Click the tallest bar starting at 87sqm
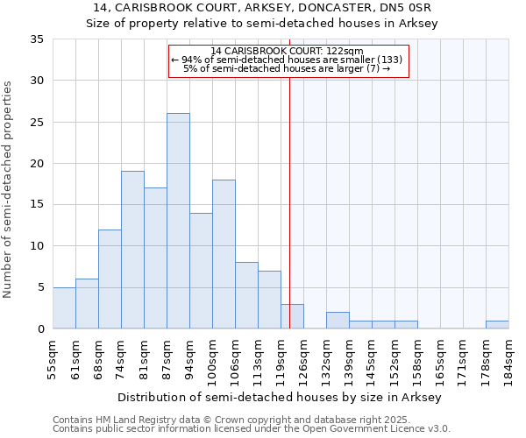(x=178, y=221)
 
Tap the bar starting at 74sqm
(x=132, y=250)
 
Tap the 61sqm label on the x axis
(x=76, y=358)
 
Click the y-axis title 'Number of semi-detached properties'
(x=9, y=189)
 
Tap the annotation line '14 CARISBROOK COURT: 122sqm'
(x=288, y=51)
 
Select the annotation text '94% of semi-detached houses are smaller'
(x=281, y=60)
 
